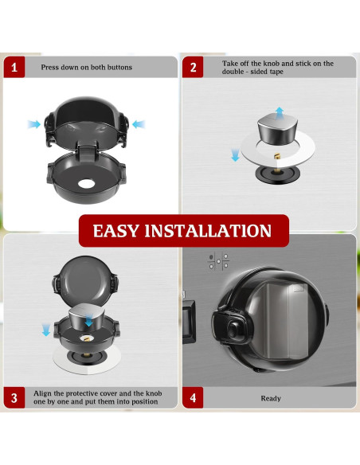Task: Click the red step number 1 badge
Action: [x=14, y=67]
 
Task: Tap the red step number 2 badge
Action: [x=193, y=67]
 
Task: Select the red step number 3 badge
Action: [x=14, y=397]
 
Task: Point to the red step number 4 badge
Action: [x=193, y=397]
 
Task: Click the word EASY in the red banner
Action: [x=116, y=231]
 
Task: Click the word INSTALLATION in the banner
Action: [x=208, y=231]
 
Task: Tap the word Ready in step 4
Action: [x=271, y=398]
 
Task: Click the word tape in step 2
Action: [x=276, y=72]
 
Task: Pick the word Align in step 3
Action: [x=41, y=393]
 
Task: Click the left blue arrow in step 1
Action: [x=33, y=124]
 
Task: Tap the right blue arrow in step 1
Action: [x=139, y=124]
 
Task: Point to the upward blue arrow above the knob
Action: [x=280, y=113]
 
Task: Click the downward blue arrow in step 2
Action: [x=235, y=155]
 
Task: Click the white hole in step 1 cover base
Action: [x=87, y=184]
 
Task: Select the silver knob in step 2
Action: [x=277, y=129]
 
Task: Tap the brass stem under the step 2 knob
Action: [x=277, y=162]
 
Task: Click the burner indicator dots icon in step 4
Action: [x=218, y=261]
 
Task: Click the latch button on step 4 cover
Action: [x=233, y=329]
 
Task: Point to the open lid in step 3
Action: [x=85, y=280]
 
